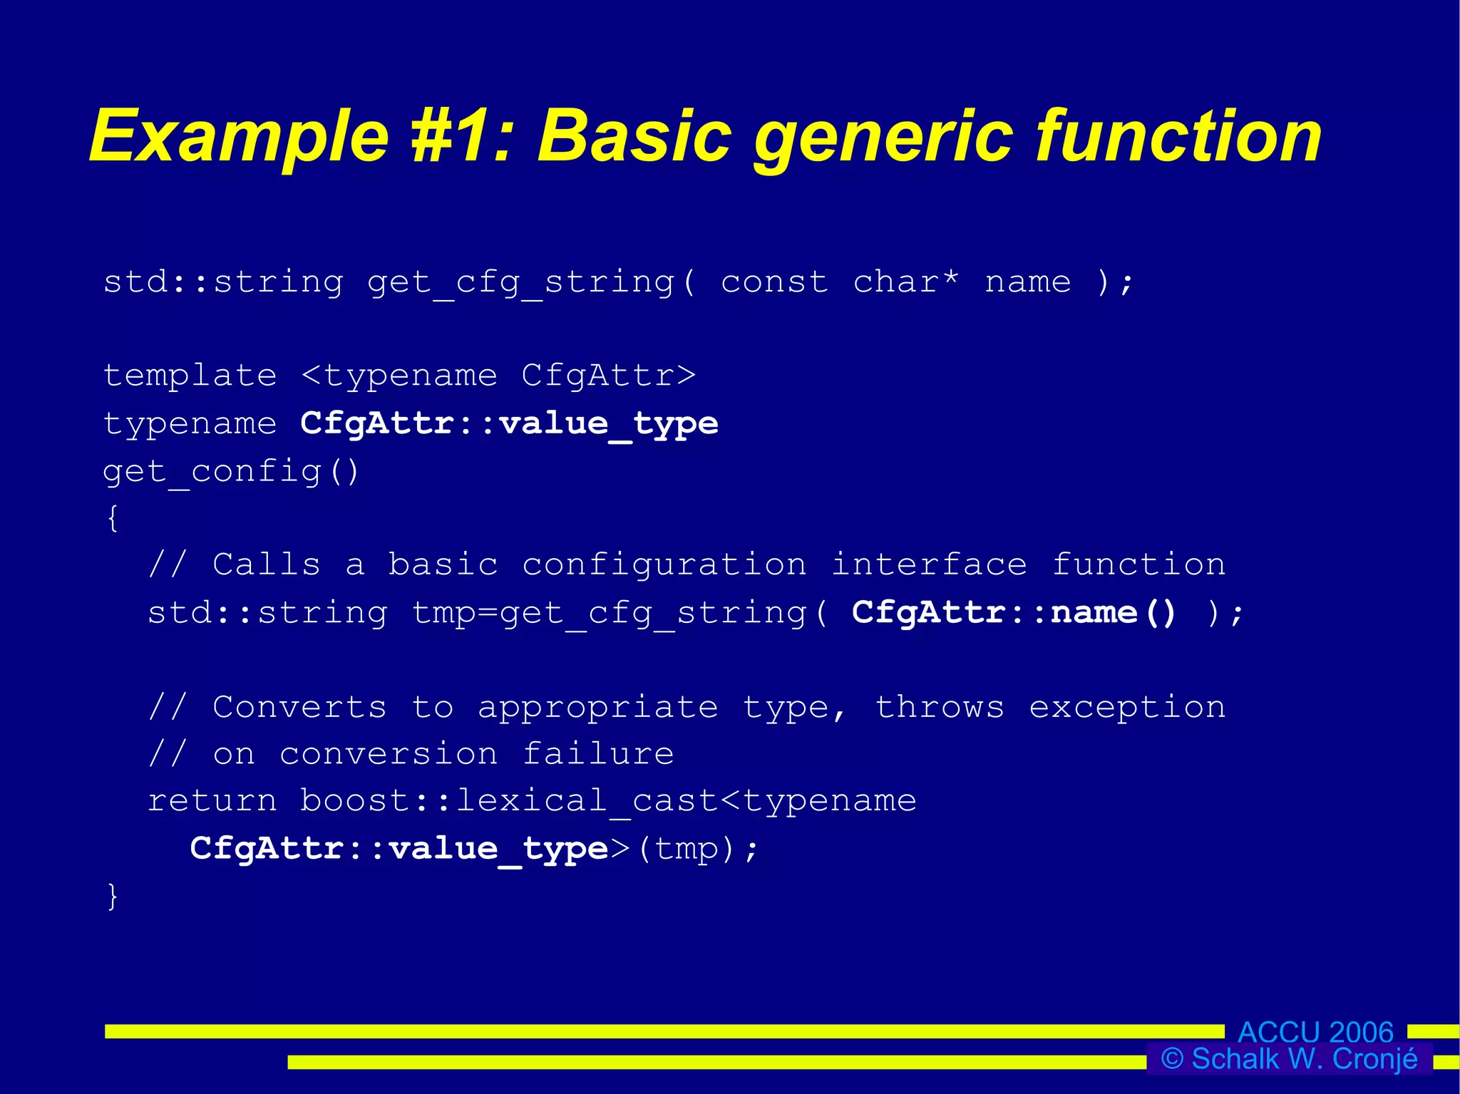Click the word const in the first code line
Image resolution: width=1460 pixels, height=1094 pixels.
tap(774, 282)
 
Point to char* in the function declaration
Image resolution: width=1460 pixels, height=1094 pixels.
tap(906, 282)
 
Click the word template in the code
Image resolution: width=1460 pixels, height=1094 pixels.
tap(190, 376)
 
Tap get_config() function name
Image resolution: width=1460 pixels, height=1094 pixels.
tap(231, 471)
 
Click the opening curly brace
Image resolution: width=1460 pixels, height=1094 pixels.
tap(113, 518)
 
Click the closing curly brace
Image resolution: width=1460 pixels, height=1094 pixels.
tap(113, 896)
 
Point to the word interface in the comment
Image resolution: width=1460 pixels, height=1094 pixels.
tap(929, 564)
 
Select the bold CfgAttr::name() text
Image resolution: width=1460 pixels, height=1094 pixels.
tap(1014, 612)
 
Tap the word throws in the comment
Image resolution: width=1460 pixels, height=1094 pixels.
tap(940, 707)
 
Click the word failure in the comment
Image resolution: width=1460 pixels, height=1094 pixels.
tap(598, 754)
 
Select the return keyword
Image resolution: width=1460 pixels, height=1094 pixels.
tap(212, 801)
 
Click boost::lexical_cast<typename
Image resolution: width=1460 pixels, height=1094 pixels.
tap(607, 801)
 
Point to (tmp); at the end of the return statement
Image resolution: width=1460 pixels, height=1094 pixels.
tap(697, 848)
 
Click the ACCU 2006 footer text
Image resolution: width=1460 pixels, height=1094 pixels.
tap(1315, 1031)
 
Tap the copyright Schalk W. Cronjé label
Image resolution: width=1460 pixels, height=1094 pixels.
tap(1289, 1059)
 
